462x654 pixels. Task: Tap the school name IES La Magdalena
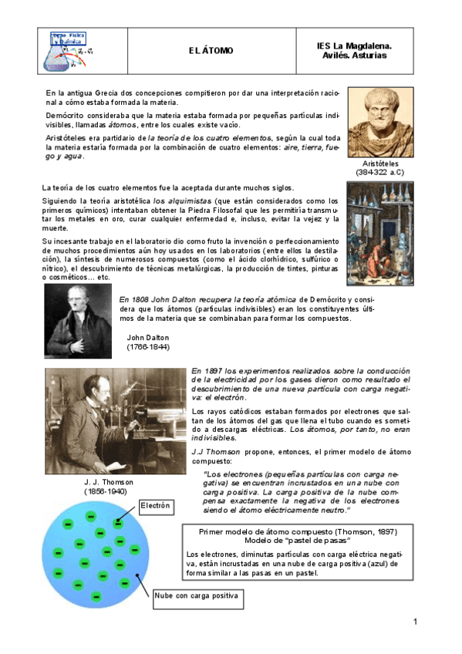tap(354, 46)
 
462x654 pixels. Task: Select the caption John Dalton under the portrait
tap(148, 338)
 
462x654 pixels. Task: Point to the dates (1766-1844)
tap(148, 348)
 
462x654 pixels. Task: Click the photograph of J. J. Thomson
tap(114, 420)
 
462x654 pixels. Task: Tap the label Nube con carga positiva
tap(197, 596)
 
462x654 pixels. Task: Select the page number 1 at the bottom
tap(415, 622)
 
